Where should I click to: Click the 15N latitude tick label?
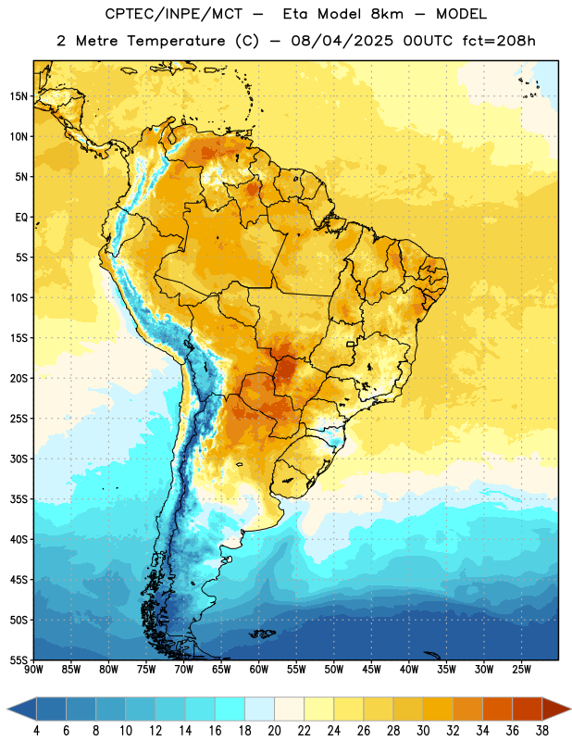coord(19,96)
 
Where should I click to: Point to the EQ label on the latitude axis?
coord(21,218)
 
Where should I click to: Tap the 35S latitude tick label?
coord(19,499)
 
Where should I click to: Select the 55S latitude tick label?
coord(19,659)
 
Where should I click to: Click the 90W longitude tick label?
coord(33,669)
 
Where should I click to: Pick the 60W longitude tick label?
coord(258,669)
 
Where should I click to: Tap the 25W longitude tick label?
coord(521,669)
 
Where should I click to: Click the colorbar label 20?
coord(274,731)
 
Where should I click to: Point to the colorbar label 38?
coord(541,731)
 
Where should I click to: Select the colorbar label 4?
coord(36,731)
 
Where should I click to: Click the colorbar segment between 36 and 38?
coord(528,709)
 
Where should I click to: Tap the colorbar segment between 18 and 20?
coord(259,709)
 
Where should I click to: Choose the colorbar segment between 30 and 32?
coord(438,709)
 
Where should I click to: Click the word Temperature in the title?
coord(176,41)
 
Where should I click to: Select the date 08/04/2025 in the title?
coord(342,41)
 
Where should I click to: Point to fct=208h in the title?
coord(499,41)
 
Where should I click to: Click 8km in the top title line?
coord(387,14)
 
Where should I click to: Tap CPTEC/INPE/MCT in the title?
coord(173,14)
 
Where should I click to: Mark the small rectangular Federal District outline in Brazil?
coord(351,344)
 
